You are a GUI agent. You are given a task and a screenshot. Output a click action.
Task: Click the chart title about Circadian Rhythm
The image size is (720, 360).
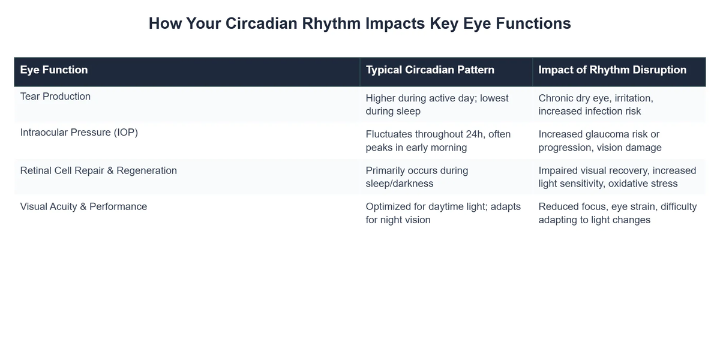[x=359, y=23]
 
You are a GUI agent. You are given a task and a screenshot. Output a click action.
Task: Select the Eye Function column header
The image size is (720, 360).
[x=54, y=70]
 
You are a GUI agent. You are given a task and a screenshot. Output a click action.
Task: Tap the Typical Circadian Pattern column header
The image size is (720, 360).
[x=430, y=70]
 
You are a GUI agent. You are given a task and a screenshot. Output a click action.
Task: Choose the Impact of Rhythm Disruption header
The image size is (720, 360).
[x=612, y=70]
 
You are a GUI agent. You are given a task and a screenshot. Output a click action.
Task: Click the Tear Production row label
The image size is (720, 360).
[x=55, y=97]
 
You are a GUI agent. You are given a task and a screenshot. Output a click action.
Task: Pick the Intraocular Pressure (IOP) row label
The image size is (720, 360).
[x=79, y=133]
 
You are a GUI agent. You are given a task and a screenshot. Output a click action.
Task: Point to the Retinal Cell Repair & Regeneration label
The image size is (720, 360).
[x=98, y=170]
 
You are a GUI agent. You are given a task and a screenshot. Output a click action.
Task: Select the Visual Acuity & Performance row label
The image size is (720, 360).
[x=83, y=206]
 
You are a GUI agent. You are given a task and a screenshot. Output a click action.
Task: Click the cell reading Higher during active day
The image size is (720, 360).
[x=437, y=104]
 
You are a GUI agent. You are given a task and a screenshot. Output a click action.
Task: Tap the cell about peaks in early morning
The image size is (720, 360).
[x=438, y=140]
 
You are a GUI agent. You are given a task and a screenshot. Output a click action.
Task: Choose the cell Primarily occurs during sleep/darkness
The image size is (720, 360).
[x=416, y=177]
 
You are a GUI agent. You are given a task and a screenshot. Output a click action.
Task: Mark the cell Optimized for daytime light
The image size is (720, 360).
[x=443, y=213]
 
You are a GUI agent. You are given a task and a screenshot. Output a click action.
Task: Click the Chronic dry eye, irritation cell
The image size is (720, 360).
[x=595, y=104]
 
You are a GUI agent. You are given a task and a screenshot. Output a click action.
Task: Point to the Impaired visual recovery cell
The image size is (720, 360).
[x=617, y=177]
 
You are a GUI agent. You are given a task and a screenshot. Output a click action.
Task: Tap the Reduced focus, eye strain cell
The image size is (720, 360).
[x=617, y=213]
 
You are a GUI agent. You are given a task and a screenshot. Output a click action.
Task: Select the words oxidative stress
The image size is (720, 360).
[x=643, y=184]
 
